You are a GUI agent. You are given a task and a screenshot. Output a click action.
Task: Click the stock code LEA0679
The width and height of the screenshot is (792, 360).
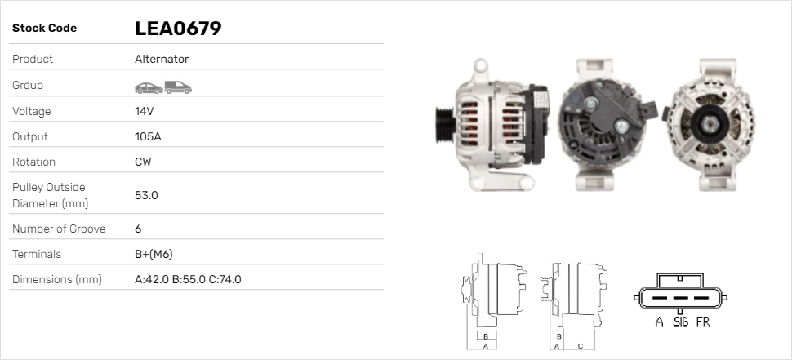178,29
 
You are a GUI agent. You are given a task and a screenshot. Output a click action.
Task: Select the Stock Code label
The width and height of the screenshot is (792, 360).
44,29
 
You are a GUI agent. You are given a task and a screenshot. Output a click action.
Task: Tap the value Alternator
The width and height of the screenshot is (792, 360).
162,59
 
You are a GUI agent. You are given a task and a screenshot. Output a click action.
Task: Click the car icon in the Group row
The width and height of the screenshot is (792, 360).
149,88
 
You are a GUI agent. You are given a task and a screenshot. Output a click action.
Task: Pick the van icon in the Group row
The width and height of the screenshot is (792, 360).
178,87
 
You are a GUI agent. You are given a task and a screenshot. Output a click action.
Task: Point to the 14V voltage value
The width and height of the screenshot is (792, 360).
144,111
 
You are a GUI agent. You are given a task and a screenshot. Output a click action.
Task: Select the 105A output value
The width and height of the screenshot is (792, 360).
148,136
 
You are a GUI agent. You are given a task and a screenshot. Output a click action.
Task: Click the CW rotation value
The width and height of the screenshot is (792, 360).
143,162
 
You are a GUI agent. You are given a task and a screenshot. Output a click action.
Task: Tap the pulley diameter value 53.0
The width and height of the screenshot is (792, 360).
146,195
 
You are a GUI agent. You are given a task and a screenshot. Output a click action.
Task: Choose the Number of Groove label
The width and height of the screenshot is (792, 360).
59,229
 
